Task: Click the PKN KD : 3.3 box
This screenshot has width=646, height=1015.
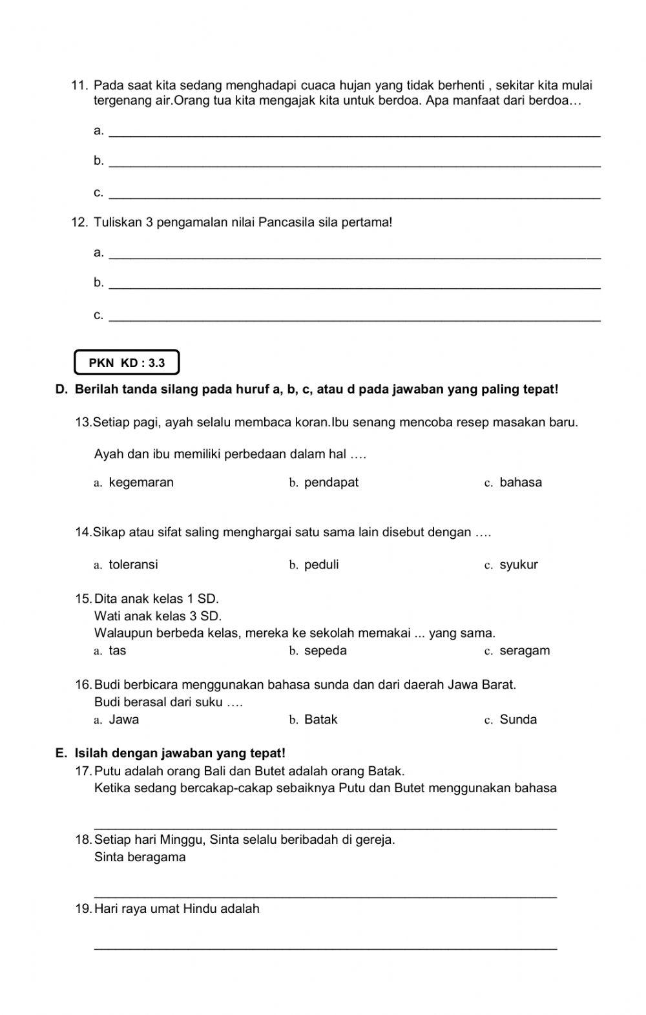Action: click(127, 362)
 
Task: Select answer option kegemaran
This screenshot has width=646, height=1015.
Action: click(141, 483)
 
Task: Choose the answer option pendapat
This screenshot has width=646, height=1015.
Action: click(331, 483)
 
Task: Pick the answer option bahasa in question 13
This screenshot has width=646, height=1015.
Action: click(521, 483)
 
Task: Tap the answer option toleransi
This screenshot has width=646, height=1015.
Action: click(133, 565)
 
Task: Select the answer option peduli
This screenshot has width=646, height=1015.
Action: click(321, 565)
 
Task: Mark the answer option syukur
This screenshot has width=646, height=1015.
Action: click(518, 565)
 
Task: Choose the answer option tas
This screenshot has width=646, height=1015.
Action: click(118, 651)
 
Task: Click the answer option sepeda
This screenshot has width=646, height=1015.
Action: click(325, 651)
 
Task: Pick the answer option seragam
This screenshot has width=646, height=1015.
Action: click(525, 651)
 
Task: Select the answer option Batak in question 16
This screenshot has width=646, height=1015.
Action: click(320, 720)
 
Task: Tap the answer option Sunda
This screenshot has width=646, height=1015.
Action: click(518, 720)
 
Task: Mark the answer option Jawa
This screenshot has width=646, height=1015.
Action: click(124, 720)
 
